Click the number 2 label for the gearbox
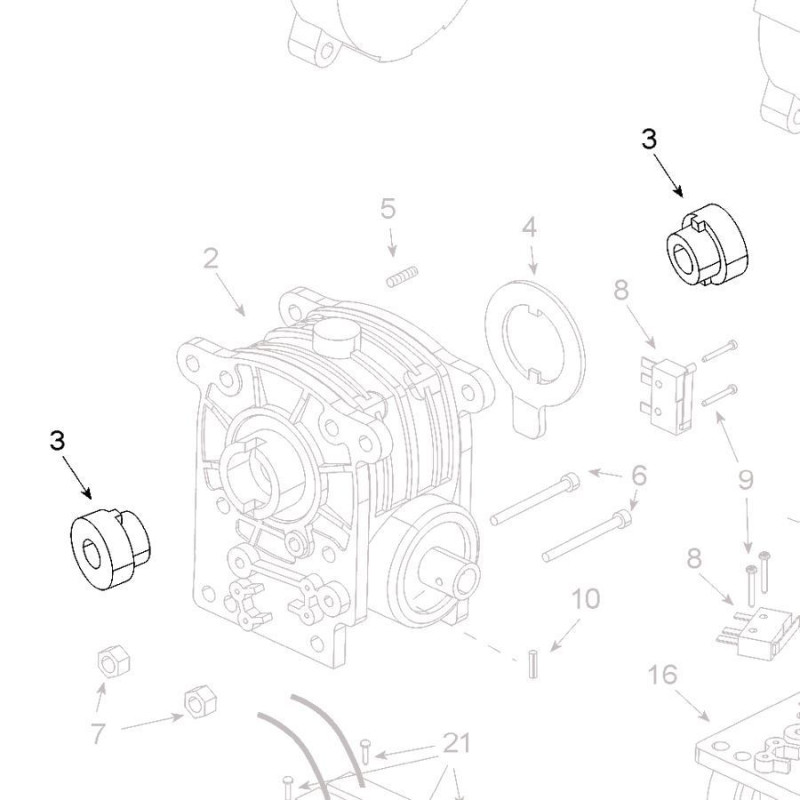pos(210,259)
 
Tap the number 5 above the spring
pos(388,209)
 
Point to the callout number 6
pos(639,477)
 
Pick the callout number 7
pos(98,734)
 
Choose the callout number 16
pos(662,675)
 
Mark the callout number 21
pos(456,744)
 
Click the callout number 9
pos(745,480)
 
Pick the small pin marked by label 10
pos(533,662)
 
